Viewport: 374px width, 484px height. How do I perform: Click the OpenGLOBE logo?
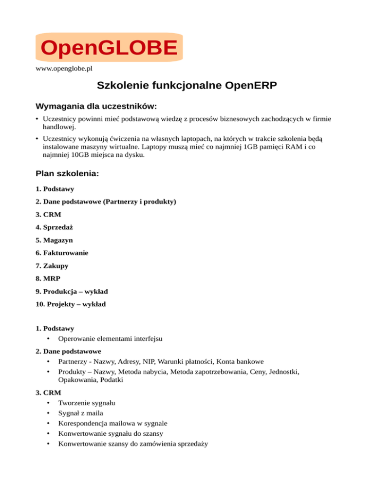click(109, 48)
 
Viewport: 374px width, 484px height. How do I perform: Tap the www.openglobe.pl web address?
click(64, 69)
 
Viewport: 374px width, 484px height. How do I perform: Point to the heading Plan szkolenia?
click(67, 173)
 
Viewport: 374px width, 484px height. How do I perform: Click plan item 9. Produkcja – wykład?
click(72, 292)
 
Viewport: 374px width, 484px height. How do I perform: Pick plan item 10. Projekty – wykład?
click(71, 304)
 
